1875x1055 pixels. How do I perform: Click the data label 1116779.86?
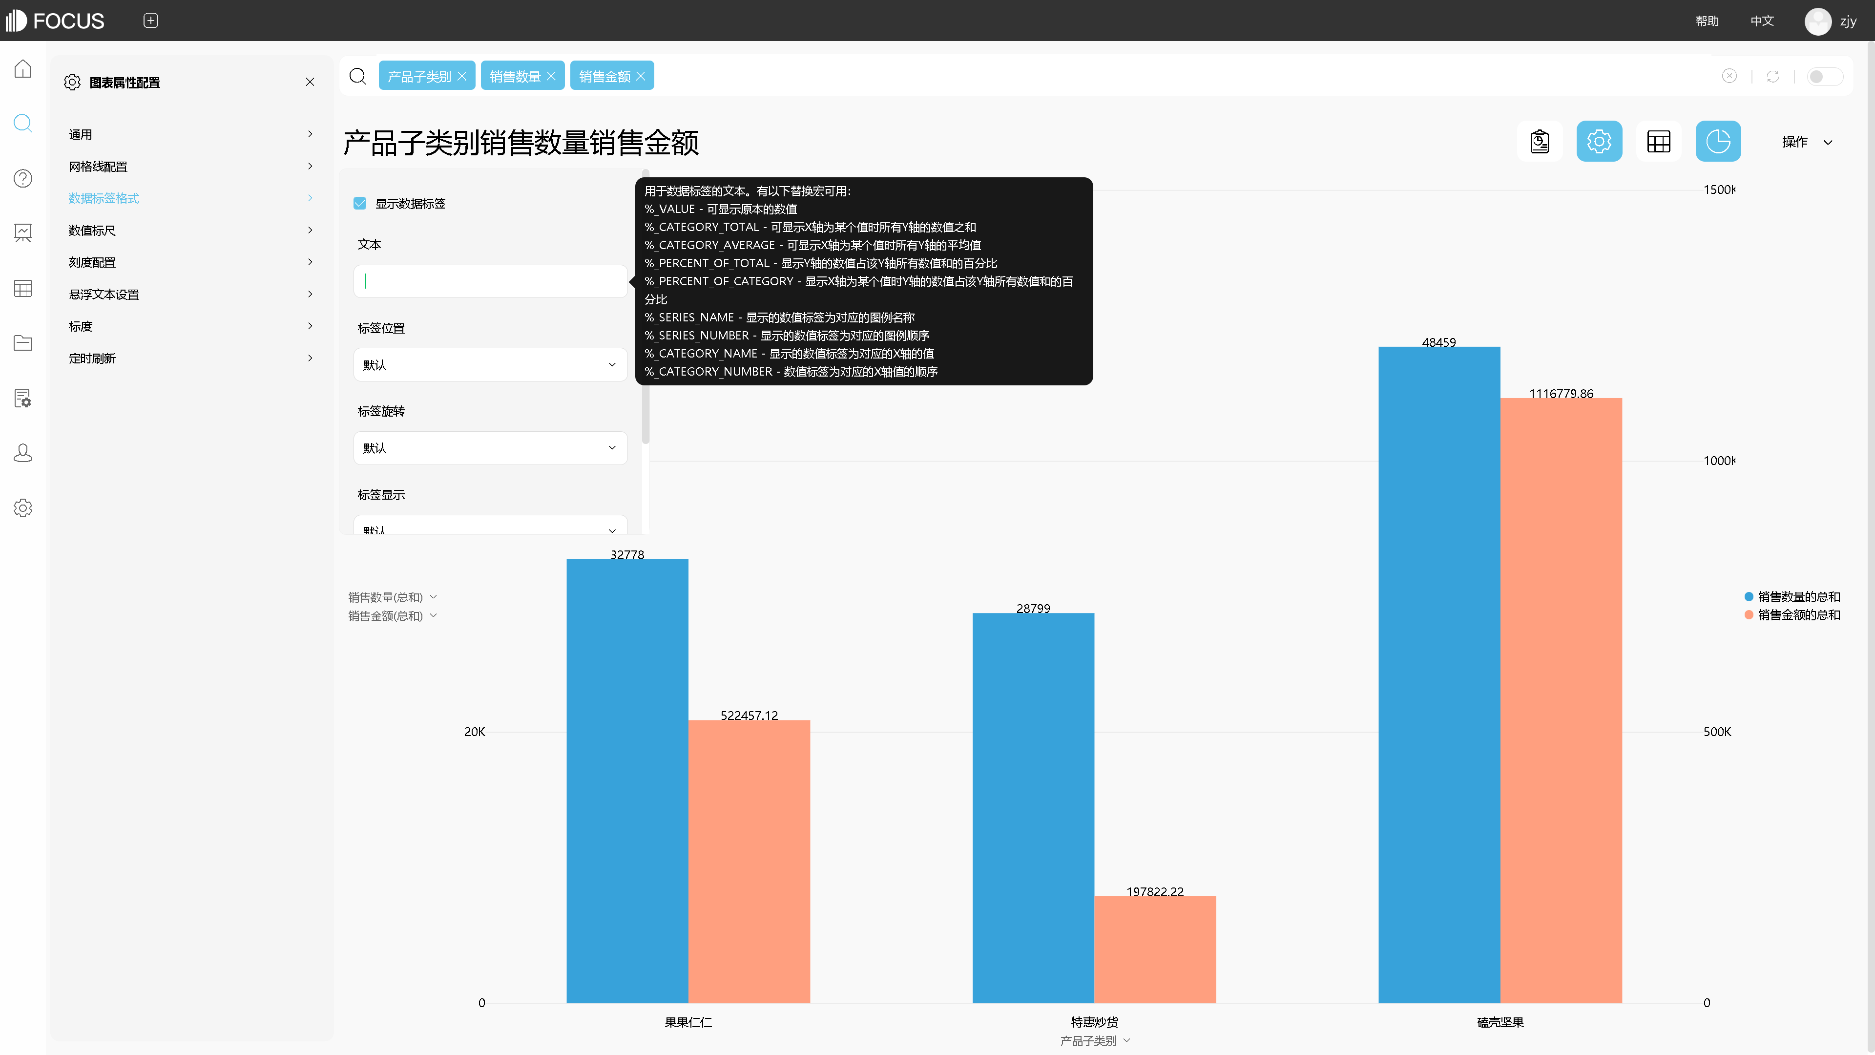tap(1561, 394)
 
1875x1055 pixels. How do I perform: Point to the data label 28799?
tap(1033, 609)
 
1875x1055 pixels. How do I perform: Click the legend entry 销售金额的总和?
tap(1798, 615)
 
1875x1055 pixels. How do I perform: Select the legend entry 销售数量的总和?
tap(1798, 597)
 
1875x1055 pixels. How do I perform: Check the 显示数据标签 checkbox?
tap(359, 203)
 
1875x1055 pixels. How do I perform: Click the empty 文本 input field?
tap(490, 281)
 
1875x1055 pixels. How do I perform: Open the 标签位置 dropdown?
tap(490, 365)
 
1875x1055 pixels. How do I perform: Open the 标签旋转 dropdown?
tap(490, 448)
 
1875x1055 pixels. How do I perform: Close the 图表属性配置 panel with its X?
tap(310, 82)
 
